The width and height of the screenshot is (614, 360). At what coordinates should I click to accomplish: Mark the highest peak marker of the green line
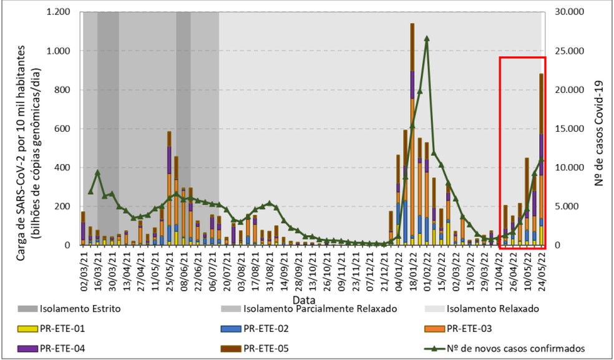(427, 38)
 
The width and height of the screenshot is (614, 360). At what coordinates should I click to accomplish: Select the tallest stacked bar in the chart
(412, 134)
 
